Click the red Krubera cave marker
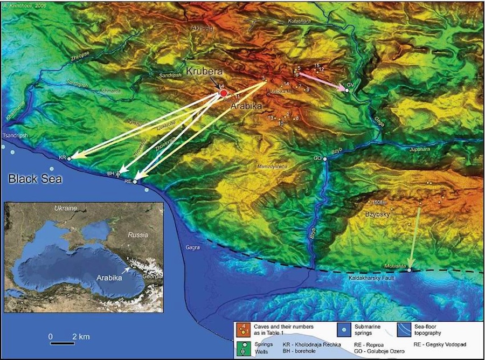223,94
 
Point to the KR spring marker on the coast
70,158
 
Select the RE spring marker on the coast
135,182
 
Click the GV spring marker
347,91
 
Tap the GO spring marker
325,158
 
